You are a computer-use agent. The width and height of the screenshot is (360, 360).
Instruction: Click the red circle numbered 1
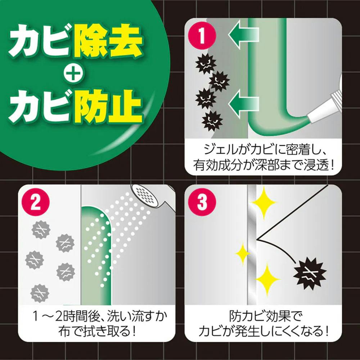click(x=202, y=36)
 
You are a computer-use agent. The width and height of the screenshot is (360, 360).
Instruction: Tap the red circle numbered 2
click(x=36, y=202)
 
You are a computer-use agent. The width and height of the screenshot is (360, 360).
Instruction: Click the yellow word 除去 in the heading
click(x=108, y=41)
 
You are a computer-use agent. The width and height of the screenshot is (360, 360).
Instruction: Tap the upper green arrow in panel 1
click(x=243, y=35)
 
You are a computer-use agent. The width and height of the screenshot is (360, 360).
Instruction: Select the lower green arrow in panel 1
click(x=243, y=104)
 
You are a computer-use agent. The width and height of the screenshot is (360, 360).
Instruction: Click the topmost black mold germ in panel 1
click(x=206, y=64)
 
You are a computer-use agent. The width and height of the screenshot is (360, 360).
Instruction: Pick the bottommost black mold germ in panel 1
click(x=212, y=121)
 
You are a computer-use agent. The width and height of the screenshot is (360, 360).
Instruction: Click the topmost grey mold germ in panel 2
click(x=41, y=229)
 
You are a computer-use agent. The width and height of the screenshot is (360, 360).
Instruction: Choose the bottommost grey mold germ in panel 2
click(x=40, y=293)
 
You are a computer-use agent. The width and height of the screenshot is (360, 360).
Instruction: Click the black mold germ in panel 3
click(x=310, y=274)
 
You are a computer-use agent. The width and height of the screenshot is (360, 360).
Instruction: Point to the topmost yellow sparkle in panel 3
click(x=264, y=202)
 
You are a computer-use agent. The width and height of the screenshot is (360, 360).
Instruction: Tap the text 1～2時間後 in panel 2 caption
click(x=66, y=316)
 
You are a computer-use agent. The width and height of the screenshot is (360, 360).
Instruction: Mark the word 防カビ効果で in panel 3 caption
click(x=263, y=316)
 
